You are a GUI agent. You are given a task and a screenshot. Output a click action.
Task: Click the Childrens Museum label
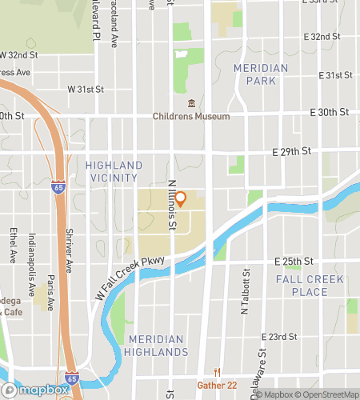tap(191, 116)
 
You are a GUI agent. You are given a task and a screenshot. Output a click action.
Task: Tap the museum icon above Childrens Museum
tap(191, 104)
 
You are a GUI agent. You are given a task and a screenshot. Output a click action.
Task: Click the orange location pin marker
tap(181, 198)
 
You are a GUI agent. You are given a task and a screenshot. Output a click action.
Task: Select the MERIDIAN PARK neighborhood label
tap(261, 74)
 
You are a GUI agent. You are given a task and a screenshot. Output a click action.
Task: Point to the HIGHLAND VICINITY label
tap(114, 171)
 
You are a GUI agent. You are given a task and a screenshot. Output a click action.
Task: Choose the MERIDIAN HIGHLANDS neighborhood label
tap(158, 346)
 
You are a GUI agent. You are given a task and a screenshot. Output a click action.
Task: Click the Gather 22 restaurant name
tap(217, 385)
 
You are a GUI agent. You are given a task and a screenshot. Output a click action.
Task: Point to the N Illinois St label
tap(172, 204)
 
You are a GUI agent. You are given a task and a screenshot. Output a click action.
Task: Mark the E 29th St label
tap(290, 150)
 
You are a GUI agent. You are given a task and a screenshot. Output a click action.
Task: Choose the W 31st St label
tap(86, 89)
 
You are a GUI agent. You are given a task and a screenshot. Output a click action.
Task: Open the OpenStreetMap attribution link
tap(328, 394)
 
